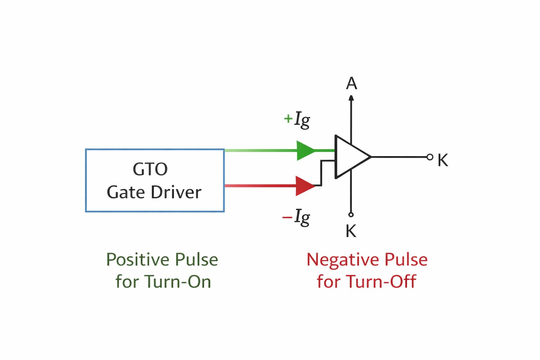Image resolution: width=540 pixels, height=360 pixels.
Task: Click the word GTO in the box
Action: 150,169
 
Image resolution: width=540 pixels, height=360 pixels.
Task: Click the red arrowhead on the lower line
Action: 304,186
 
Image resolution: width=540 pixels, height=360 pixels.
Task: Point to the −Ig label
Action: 296,217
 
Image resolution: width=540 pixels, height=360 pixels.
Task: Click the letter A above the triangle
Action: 351,84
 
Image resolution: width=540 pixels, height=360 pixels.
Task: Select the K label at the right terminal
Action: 443,160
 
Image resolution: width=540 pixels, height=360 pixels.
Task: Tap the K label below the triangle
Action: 351,231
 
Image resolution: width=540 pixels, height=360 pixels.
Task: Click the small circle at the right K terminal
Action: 430,157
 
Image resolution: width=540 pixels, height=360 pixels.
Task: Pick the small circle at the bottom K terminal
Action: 351,214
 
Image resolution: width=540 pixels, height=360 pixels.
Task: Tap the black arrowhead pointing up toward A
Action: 351,98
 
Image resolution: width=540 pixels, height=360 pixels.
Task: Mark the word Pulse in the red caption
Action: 406,260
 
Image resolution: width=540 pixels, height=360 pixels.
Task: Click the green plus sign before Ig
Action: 288,118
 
